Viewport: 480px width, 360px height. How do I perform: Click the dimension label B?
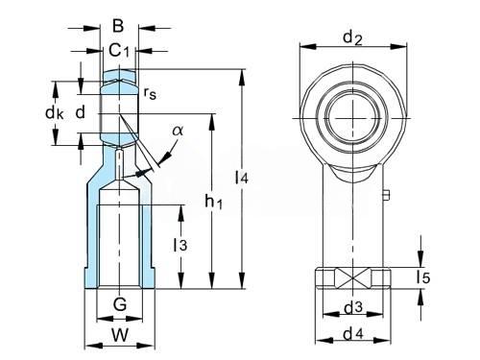click(118, 26)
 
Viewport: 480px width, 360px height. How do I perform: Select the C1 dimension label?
click(119, 50)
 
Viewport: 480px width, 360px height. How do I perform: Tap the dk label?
click(55, 112)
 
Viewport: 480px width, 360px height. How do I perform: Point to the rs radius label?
click(150, 93)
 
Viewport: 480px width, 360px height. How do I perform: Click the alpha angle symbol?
click(178, 131)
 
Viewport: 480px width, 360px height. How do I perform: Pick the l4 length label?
click(242, 178)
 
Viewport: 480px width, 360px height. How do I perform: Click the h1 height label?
click(213, 202)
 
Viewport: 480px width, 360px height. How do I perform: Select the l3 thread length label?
click(180, 245)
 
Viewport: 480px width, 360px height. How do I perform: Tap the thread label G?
click(120, 304)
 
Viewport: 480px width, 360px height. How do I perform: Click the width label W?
click(120, 335)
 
